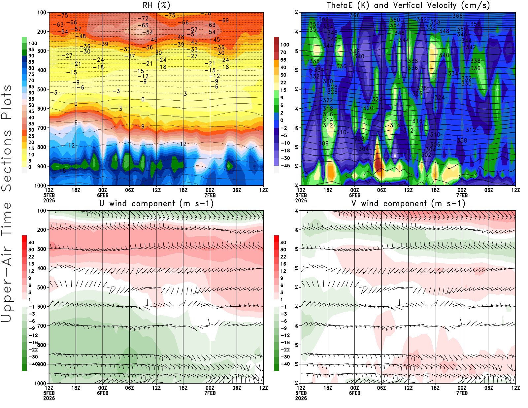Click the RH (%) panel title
(156, 5)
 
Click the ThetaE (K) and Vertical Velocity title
(408, 5)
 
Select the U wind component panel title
(156, 203)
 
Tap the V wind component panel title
(408, 203)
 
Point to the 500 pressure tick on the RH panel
(42, 89)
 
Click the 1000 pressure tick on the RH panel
(40, 186)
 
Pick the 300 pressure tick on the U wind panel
(42, 249)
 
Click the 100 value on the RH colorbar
(33, 43)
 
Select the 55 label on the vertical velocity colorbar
(283, 60)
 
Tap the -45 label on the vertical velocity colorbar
(285, 166)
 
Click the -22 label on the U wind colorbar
(33, 350)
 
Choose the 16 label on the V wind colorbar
(283, 264)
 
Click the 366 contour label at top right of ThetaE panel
(457, 16)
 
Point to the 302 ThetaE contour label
(426, 154)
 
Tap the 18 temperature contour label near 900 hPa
(62, 171)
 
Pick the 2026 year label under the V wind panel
(301, 398)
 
